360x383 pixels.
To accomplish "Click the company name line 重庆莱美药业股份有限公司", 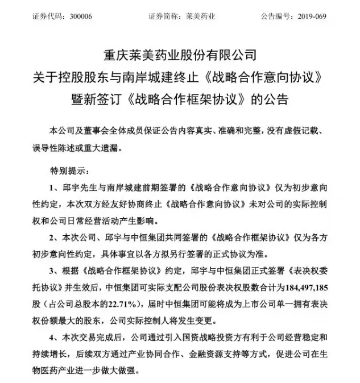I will pyautogui.click(x=180, y=55).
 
